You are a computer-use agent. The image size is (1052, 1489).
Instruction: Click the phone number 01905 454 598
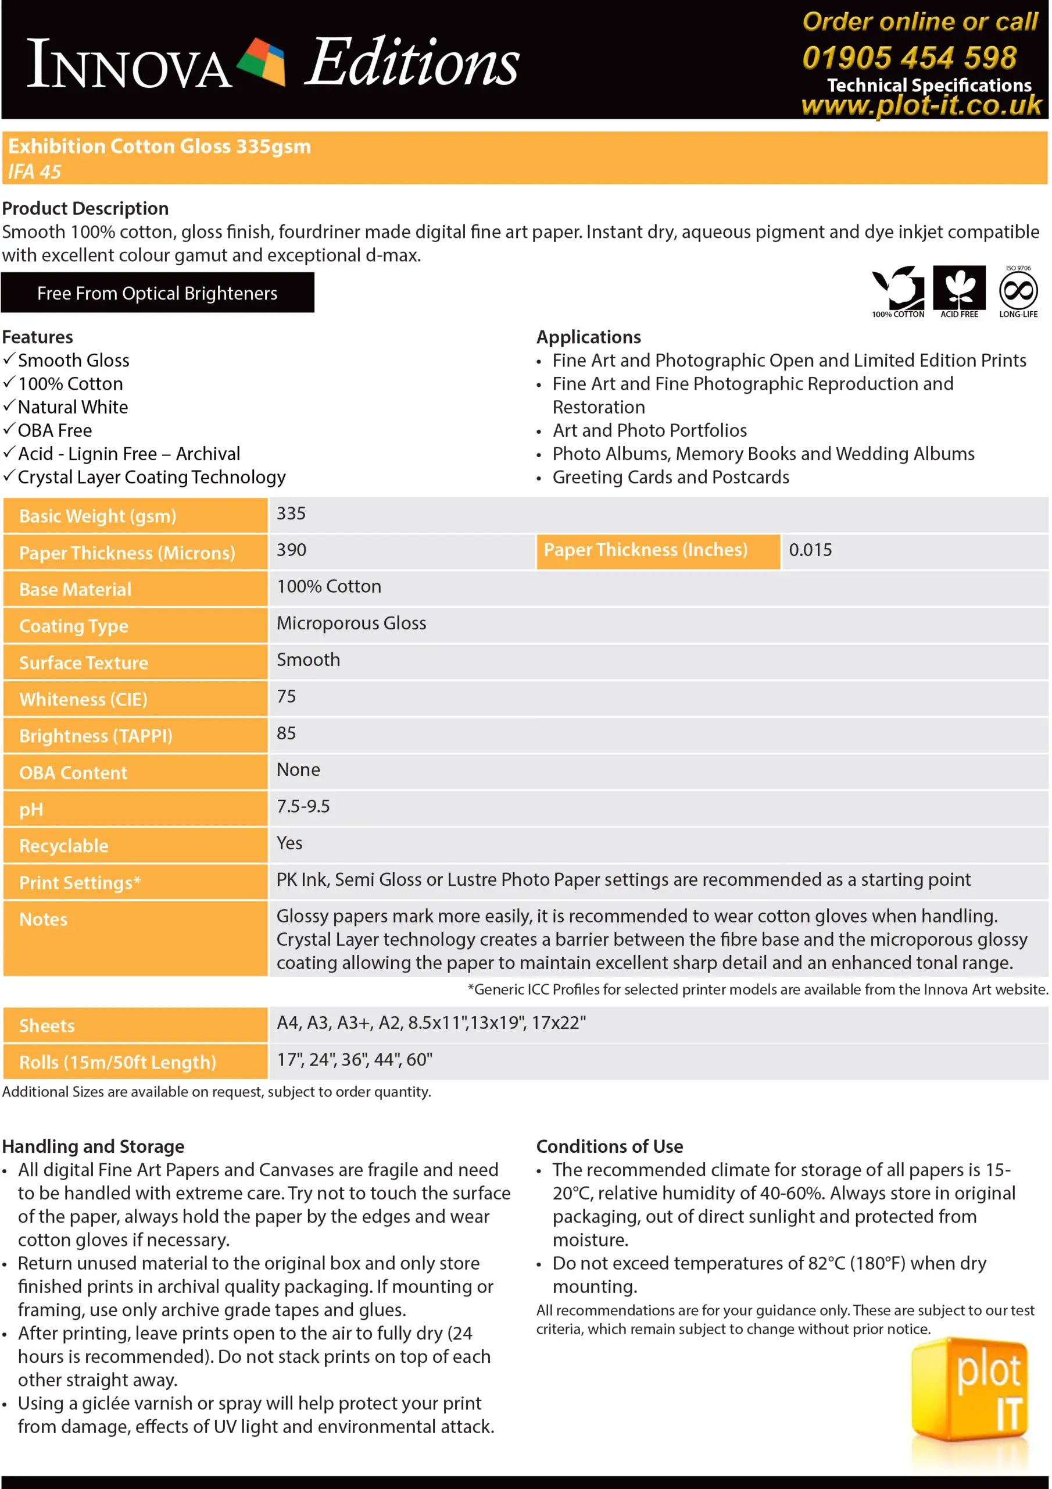909,58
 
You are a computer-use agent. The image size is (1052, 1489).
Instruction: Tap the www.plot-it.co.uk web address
921,105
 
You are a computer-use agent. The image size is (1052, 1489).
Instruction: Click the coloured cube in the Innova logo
260,61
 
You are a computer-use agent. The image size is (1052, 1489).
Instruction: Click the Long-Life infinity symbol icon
1018,290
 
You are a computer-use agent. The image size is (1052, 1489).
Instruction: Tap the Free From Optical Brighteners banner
158,293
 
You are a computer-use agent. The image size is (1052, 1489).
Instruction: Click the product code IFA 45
34,172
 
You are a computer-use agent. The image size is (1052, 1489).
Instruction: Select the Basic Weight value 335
291,514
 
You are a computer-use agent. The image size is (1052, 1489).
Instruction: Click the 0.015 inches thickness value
810,550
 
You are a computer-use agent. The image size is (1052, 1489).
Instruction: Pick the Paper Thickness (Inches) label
645,550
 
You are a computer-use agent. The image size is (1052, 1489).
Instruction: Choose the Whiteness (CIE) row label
84,699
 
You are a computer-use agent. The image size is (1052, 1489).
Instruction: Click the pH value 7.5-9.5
303,806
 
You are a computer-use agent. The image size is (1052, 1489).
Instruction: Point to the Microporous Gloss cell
351,623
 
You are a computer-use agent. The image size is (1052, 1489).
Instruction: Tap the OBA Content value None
298,770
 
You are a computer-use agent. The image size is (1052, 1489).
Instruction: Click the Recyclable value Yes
289,843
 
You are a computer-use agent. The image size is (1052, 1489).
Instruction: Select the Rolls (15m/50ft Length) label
117,1062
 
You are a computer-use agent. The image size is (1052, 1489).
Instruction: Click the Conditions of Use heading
609,1146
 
